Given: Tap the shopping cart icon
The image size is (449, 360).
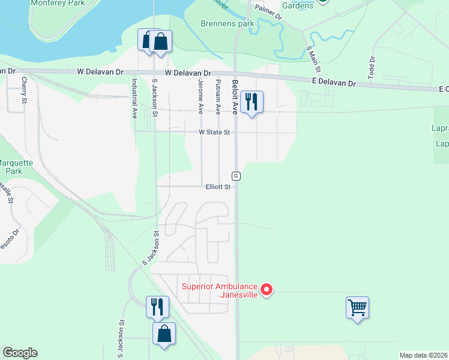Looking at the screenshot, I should (x=357, y=308).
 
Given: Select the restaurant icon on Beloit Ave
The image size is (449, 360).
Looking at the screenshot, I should (x=252, y=102).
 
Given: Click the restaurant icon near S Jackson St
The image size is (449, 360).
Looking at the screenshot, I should (x=157, y=307).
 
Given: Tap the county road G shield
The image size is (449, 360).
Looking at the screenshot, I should (x=237, y=175).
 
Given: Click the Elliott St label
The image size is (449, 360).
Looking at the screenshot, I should (x=218, y=187).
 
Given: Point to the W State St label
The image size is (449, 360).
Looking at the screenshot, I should (x=214, y=132).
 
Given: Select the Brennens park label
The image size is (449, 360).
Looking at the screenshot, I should (x=227, y=24).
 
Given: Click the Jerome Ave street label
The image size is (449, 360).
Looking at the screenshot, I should (x=200, y=96).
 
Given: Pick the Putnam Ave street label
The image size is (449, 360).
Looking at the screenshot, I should (x=218, y=96).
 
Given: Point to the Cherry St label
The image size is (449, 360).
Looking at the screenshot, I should (x=25, y=90).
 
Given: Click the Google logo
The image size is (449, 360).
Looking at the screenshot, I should (x=20, y=353).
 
